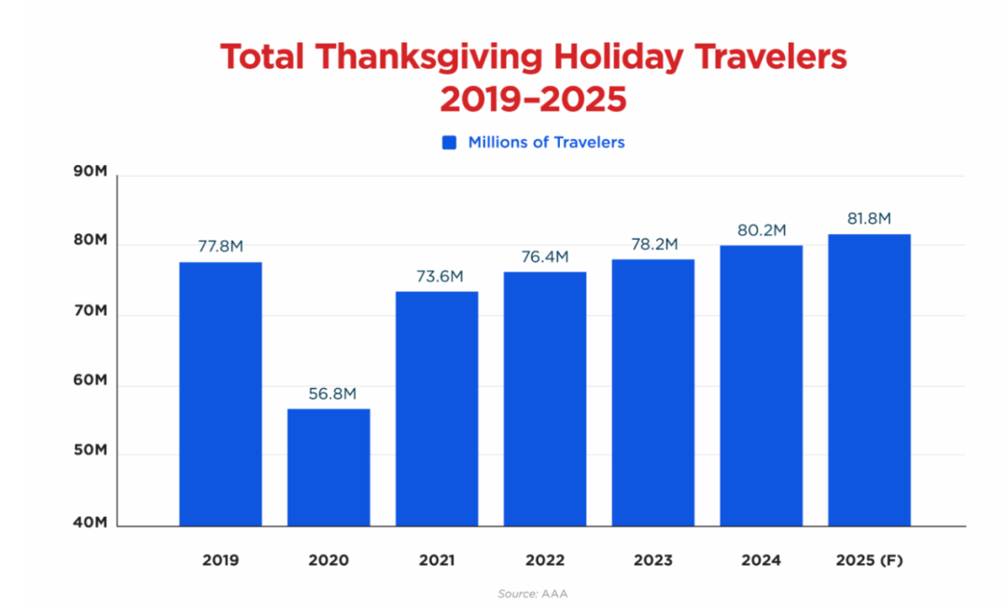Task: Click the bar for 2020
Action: coord(329,466)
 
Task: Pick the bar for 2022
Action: coord(545,398)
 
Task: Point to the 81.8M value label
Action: coord(869,219)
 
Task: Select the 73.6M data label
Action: coord(437,277)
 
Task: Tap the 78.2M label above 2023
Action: coord(653,244)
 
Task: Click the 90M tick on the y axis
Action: coord(91,173)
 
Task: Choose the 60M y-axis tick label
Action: coord(91,382)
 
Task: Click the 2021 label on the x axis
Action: coord(437,560)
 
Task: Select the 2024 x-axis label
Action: coord(762,560)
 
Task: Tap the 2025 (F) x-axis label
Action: coord(869,560)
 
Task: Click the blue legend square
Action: coord(450,143)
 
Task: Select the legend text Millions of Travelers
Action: coord(546,143)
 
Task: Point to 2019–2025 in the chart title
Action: coord(533,99)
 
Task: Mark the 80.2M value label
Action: coord(762,230)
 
